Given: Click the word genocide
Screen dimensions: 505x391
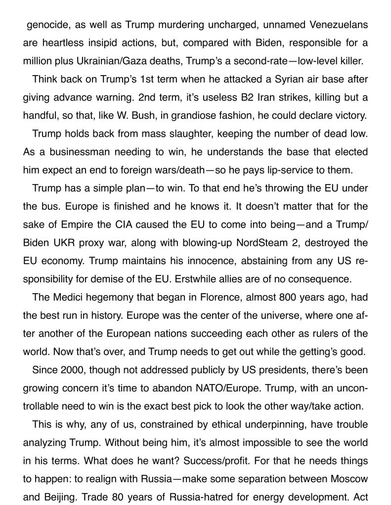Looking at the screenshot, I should click(x=46, y=24).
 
